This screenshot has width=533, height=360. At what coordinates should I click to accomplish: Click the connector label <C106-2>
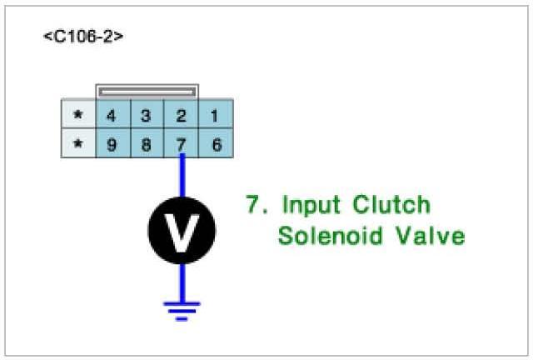coord(83,37)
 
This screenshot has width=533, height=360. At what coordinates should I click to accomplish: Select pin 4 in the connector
coord(111,114)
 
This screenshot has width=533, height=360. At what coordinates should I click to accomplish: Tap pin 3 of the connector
coord(146,114)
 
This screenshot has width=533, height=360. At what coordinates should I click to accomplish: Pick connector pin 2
coord(181,114)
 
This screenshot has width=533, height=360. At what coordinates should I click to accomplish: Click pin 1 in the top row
coord(216,114)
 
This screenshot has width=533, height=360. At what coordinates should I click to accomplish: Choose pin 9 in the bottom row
coord(111,144)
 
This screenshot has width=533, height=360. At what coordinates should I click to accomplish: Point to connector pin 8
coord(146,144)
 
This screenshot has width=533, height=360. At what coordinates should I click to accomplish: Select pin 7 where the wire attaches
coord(181,144)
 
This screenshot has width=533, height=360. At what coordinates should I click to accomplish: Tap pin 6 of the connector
coord(216,144)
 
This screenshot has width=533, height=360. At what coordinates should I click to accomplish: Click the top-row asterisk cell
coord(78,114)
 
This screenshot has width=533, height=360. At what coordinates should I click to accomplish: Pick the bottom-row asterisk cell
coord(78,144)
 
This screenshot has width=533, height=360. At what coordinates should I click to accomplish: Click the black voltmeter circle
coord(182,227)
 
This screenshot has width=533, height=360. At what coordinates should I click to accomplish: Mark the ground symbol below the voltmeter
coord(182,310)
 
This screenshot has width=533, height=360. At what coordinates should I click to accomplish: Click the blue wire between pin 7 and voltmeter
coord(182,177)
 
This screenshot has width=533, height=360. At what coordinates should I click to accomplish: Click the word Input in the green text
coord(311,205)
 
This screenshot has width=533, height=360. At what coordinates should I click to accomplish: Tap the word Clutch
coord(391,205)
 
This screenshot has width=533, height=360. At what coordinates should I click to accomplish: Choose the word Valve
coord(429,236)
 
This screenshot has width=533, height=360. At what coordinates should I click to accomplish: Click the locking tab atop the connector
coord(147,90)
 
